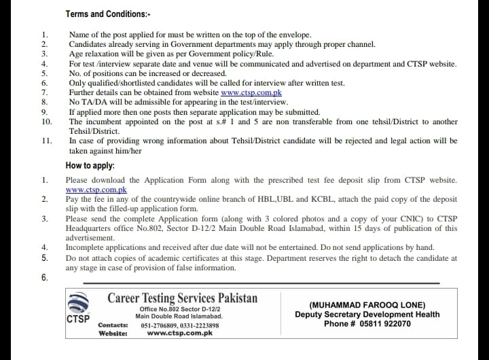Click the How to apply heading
[x=90, y=165]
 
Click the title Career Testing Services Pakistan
[x=182, y=298]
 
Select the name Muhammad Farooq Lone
[x=367, y=305]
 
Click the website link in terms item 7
[x=251, y=92]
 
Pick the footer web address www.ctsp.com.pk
[x=181, y=334]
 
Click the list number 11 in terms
[x=46, y=141]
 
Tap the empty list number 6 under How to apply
[x=45, y=277]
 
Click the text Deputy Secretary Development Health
[x=367, y=314]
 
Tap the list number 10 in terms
[x=46, y=122]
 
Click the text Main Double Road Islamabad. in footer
[x=179, y=317]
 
